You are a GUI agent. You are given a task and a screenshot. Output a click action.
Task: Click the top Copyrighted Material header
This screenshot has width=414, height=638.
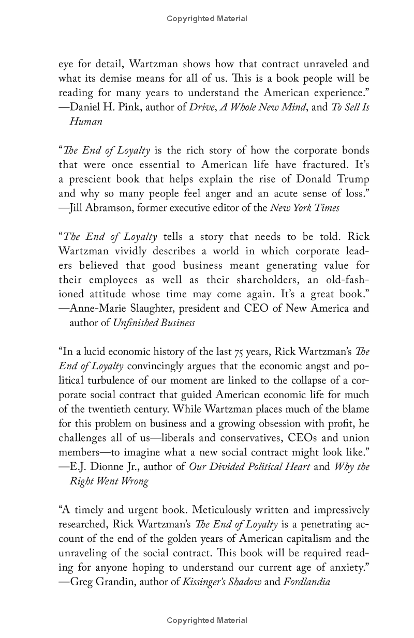[x=207, y=19]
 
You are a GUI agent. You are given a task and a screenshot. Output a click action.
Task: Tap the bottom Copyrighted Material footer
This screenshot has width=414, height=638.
[x=207, y=620]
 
